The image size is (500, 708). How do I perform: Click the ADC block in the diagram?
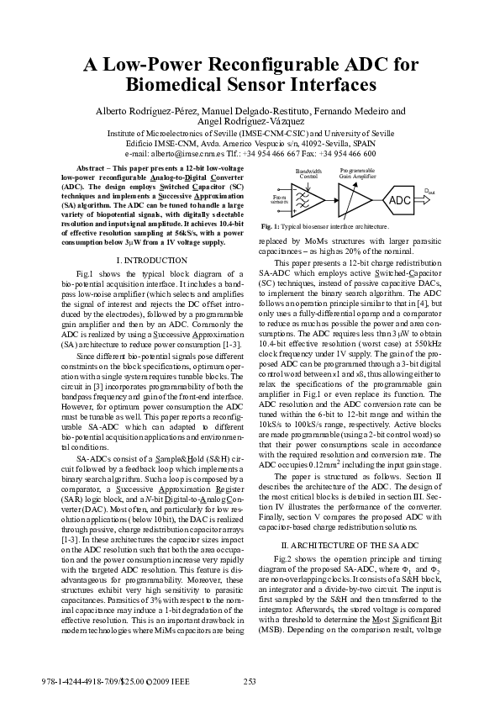pos(400,200)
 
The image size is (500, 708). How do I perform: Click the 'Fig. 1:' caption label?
pos(270,227)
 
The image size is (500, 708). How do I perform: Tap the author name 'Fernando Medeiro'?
pos(355,112)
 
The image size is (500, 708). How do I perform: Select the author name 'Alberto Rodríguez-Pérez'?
pos(145,112)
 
